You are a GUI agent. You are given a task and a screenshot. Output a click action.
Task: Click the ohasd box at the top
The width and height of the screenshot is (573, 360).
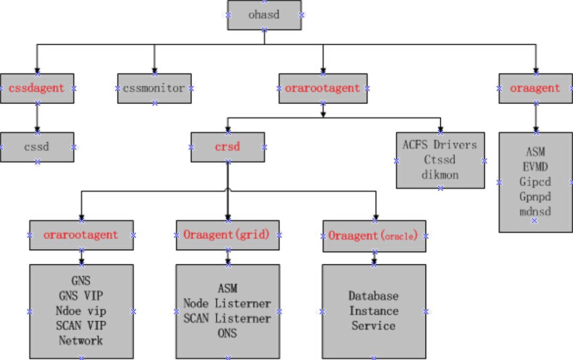264,15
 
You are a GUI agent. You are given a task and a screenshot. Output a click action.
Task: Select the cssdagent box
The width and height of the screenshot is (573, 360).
37,88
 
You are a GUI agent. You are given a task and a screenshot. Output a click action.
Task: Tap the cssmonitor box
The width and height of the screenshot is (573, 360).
154,88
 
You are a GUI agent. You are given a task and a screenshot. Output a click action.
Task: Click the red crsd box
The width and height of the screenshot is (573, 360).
228,147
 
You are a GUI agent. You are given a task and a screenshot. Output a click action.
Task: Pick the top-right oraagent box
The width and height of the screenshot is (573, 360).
535,88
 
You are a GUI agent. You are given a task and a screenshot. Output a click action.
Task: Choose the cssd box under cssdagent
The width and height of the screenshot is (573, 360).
37,147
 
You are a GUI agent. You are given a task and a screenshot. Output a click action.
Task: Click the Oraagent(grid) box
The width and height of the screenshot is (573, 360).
228,235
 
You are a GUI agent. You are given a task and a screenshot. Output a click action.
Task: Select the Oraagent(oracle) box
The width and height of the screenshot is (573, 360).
374,235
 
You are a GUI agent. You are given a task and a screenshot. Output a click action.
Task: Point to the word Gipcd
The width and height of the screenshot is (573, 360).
535,182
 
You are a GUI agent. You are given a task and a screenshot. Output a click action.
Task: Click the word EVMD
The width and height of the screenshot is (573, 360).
535,167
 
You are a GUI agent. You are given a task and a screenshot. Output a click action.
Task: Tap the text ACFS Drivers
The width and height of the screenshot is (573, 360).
440,145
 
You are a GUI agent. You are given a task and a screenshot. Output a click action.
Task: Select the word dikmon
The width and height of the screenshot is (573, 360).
440,174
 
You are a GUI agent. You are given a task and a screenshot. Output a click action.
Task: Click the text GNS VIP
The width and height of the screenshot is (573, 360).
81,296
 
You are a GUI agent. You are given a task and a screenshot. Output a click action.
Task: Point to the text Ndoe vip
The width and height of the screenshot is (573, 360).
81,311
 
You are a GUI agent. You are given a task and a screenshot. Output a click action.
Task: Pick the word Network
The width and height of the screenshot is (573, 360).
81,340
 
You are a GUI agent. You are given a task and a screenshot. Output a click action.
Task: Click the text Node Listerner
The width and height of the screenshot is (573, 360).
228,304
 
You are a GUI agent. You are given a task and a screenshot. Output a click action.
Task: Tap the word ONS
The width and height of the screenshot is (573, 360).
228,333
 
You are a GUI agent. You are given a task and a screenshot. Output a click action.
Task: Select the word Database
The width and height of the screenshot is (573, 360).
374,296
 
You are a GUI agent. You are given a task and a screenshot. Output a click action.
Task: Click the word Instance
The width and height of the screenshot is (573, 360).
374,311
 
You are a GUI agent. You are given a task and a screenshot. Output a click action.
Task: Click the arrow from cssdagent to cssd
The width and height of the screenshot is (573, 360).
37,117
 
